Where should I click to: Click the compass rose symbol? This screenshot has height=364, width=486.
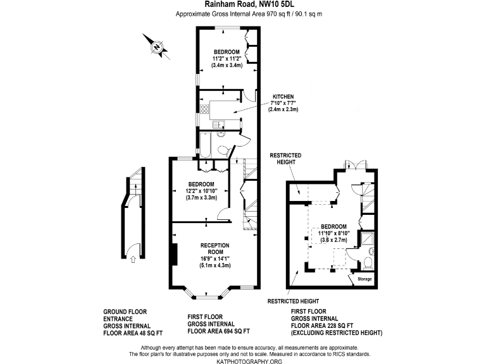pyautogui.click(x=156, y=46)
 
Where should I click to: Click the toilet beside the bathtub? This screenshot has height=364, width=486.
pyautogui.click(x=222, y=149)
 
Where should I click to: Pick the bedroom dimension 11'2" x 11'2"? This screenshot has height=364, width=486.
pyautogui.click(x=227, y=58)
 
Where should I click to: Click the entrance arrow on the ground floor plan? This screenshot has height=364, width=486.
pyautogui.click(x=132, y=257)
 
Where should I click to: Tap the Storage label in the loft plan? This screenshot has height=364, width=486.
pyautogui.click(x=365, y=279)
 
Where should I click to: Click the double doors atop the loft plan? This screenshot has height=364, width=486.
pyautogui.click(x=351, y=166)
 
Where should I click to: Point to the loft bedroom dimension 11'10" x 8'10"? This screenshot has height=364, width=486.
pyautogui.click(x=333, y=234)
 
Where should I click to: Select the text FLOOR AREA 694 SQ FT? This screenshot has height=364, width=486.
pyautogui.click(x=219, y=331)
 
